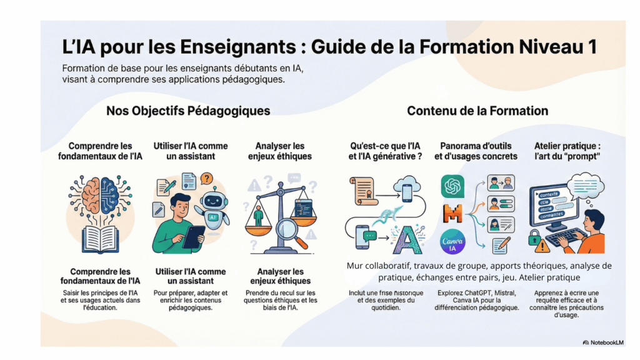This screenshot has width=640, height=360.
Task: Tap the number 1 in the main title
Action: tap(592, 47)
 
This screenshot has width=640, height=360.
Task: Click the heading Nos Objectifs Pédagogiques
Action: tap(188, 111)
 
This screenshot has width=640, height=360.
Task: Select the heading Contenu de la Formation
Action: tap(477, 111)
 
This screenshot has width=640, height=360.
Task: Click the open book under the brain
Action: tap(101, 239)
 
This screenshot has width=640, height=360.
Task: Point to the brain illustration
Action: tap(101, 195)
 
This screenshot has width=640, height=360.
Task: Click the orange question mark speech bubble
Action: tap(207, 178)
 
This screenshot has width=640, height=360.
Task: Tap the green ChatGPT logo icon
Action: tap(452, 186)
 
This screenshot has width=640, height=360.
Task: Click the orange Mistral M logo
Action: tap(452, 214)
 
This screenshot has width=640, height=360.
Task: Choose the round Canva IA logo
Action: tap(452, 242)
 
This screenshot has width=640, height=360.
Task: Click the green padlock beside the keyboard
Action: tap(534, 238)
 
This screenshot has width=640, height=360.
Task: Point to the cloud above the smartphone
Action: tap(407, 183)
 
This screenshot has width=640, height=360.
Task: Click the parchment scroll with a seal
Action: tap(362, 191)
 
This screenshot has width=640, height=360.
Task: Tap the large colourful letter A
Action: tap(406, 240)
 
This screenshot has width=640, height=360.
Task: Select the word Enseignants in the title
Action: tap(238, 47)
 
